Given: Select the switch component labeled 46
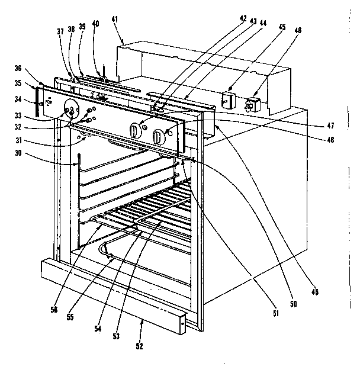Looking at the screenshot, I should (254, 104).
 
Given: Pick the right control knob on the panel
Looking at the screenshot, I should (158, 137).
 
